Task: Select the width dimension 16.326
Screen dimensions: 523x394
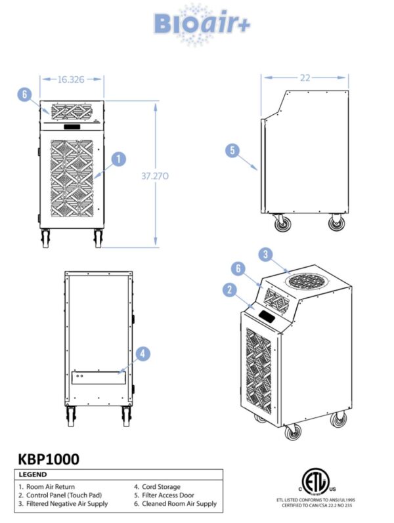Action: [72, 79]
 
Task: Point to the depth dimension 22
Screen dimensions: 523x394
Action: [305, 77]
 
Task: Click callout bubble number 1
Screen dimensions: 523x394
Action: [118, 158]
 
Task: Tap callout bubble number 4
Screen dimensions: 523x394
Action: [143, 354]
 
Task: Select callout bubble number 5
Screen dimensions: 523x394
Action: [232, 150]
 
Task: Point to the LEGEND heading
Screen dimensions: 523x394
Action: [33, 474]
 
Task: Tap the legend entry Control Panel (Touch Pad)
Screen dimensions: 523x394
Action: [64, 495]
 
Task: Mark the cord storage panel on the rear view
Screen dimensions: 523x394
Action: [98, 378]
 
